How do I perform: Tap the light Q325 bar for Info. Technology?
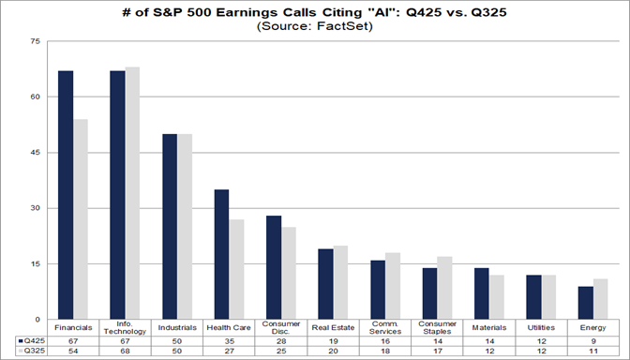click(132, 193)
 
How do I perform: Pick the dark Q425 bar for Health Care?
click(221, 254)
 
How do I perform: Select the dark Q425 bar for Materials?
click(481, 292)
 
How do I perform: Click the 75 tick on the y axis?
click(35, 42)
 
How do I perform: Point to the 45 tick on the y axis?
click(35, 153)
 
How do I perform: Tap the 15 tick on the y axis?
click(35, 263)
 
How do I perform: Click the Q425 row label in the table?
click(31, 340)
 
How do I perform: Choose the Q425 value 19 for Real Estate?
click(333, 340)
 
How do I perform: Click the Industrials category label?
click(176, 328)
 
